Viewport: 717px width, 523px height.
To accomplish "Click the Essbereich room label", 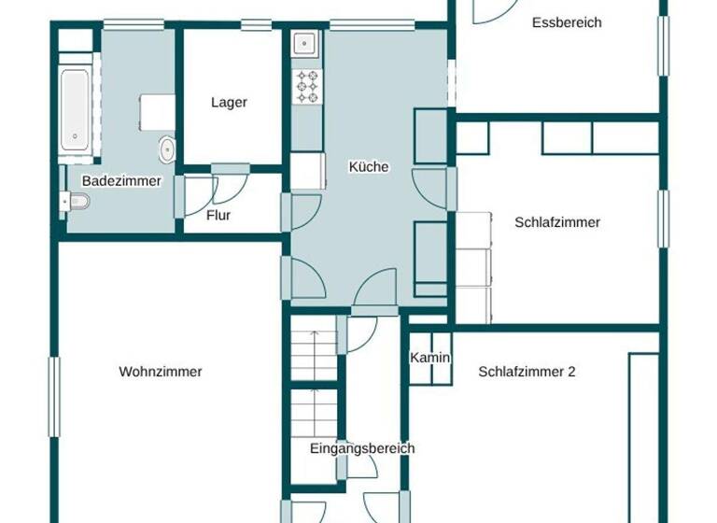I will click(x=567, y=22).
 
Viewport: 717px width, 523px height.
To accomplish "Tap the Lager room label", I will click(x=229, y=103).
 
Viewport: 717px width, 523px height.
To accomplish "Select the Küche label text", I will click(x=368, y=167).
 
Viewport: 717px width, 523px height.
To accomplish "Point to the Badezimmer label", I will click(x=121, y=181).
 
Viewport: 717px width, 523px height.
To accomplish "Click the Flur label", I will click(x=218, y=216).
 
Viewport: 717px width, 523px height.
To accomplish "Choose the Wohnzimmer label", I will click(x=161, y=372).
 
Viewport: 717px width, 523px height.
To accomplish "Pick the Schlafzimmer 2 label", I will click(x=527, y=372).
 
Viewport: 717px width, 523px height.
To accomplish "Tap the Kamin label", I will click(x=430, y=358).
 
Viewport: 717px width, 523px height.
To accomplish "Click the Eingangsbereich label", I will click(x=362, y=449).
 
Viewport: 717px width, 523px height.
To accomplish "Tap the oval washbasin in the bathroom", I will click(x=167, y=148).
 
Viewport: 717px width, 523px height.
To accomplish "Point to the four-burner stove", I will click(x=307, y=86).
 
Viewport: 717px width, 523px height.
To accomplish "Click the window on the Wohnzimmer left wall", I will click(x=54, y=397).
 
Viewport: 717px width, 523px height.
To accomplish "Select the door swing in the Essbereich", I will click(x=495, y=11).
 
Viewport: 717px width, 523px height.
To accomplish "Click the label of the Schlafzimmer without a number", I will click(x=557, y=222).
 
